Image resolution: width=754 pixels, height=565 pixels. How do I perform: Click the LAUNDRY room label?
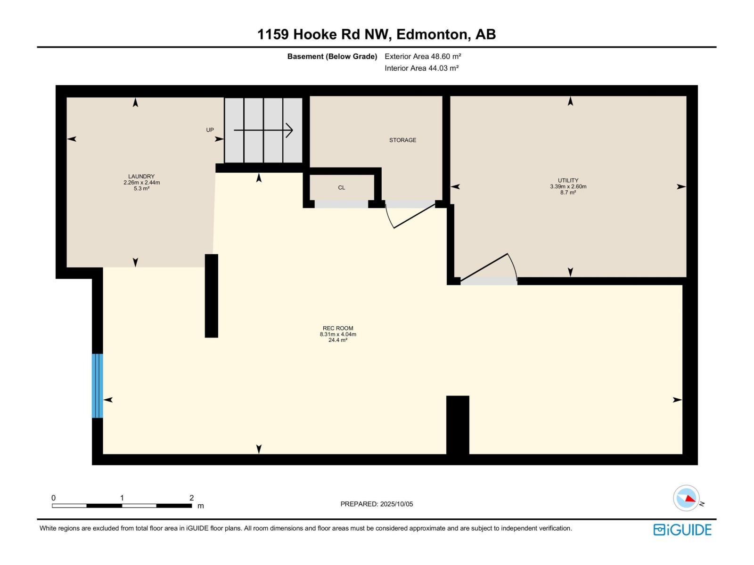point(141,177)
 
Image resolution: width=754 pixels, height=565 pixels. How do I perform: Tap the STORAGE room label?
point(402,140)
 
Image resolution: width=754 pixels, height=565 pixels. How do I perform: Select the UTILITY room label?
point(568,180)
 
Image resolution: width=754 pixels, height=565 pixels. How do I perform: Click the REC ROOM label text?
point(338,328)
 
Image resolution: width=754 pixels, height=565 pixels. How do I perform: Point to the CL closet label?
point(342,187)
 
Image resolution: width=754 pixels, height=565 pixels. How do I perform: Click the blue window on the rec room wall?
point(97,386)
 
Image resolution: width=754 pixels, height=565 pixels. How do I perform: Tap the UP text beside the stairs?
point(210,130)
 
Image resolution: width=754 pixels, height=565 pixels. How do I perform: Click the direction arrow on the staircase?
point(263,130)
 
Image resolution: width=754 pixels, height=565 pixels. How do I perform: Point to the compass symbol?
point(686,498)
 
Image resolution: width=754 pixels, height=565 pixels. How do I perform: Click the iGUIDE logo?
point(682,530)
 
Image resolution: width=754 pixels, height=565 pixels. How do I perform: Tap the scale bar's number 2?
point(191,498)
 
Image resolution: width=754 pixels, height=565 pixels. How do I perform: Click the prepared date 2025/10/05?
point(396,504)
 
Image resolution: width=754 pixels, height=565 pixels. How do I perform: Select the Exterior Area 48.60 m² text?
point(423,56)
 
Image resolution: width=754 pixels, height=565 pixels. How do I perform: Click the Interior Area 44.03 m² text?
point(421,68)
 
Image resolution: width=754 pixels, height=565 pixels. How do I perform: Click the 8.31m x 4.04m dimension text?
point(338,334)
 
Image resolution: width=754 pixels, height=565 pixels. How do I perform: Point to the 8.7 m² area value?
point(568,193)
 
